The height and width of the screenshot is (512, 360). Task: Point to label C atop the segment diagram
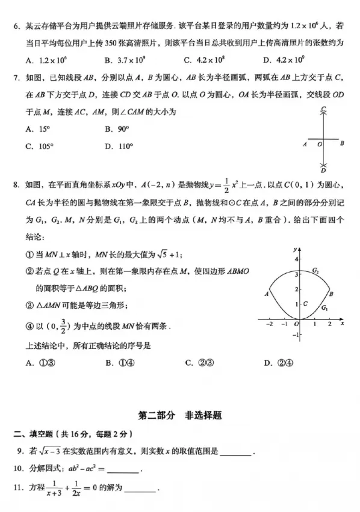[323, 109]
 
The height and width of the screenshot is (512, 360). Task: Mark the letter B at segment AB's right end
[342, 144]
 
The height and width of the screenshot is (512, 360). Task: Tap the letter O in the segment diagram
[320, 144]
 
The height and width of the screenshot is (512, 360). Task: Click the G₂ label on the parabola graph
[314, 273]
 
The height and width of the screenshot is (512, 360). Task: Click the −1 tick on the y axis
[295, 335]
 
